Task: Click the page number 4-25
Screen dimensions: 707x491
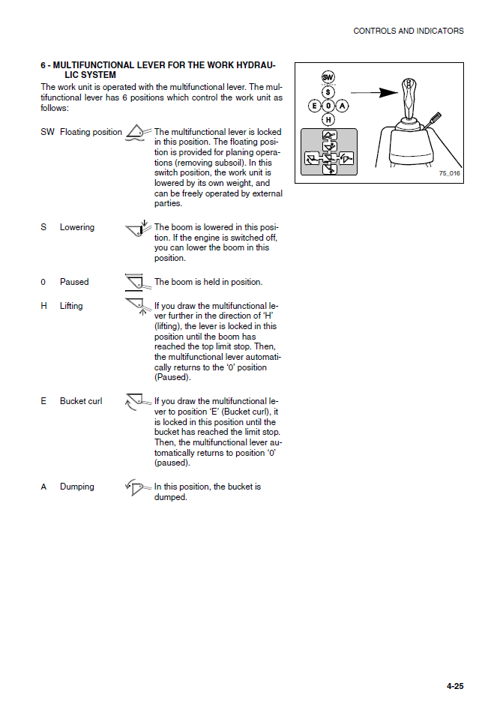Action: pyautogui.click(x=455, y=686)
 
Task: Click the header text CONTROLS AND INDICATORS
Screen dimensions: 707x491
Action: pyautogui.click(x=409, y=31)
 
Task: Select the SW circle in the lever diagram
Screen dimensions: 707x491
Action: pyautogui.click(x=328, y=77)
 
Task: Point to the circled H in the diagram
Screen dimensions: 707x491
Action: pyautogui.click(x=328, y=119)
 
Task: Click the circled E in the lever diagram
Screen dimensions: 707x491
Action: pyautogui.click(x=315, y=106)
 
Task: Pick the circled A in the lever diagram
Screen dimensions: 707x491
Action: pyautogui.click(x=342, y=106)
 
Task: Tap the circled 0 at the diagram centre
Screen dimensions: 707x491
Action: pyautogui.click(x=328, y=106)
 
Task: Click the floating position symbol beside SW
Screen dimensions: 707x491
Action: pyautogui.click(x=137, y=133)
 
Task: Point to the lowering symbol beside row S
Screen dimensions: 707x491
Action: pyautogui.click(x=137, y=229)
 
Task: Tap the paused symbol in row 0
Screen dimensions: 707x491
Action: pyautogui.click(x=136, y=283)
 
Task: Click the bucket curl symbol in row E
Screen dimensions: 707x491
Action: pyautogui.click(x=135, y=402)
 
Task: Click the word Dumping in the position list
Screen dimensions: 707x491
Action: pyautogui.click(x=77, y=487)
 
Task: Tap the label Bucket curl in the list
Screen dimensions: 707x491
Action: pyautogui.click(x=81, y=402)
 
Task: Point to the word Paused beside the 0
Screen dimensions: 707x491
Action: pyautogui.click(x=74, y=283)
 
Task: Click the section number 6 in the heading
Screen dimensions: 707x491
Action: pyautogui.click(x=43, y=66)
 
